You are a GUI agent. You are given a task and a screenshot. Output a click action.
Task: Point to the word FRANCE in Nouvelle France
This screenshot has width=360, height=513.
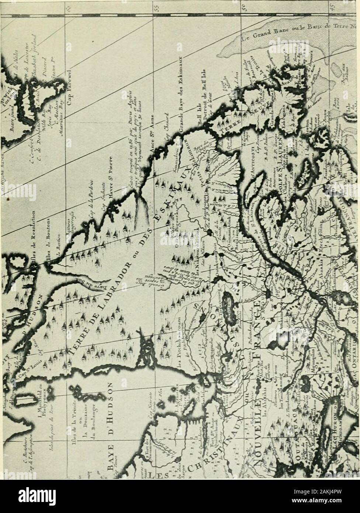(x=255, y=369)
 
